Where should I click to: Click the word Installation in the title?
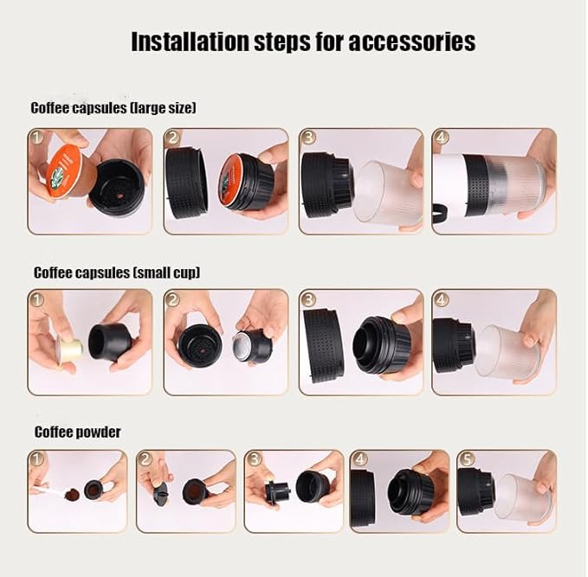pos(191,42)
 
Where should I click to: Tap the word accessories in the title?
pos(412,42)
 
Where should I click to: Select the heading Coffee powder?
pos(78,433)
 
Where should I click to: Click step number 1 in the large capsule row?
pos(36,138)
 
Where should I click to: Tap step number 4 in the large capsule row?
pos(441,138)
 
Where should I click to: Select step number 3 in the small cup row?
pos(308,299)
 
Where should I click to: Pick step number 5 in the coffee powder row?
pos(467,459)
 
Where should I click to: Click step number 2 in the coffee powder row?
pos(145,459)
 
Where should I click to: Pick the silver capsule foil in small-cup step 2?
pos(242,343)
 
